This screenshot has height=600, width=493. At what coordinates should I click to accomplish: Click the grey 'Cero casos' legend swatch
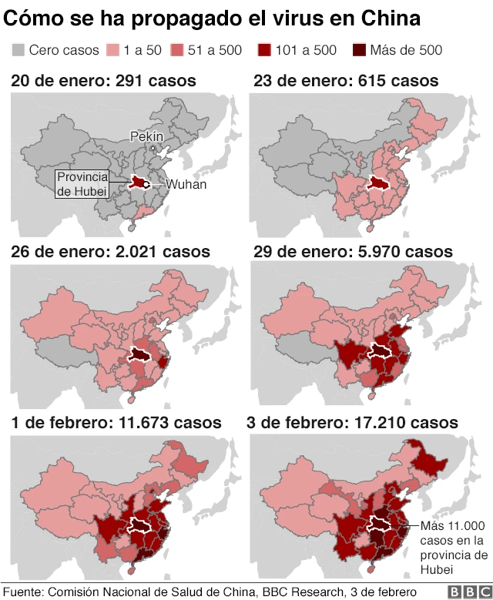[x=18, y=51]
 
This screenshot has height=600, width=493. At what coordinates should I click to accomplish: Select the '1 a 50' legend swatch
[x=112, y=51]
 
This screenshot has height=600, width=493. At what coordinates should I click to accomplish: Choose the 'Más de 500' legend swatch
[x=361, y=51]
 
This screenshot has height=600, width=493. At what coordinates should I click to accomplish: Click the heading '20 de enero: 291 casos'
[x=102, y=80]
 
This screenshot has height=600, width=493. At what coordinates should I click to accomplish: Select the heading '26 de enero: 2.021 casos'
[x=109, y=251]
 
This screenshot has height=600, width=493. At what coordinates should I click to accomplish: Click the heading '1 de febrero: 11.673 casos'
[x=116, y=422]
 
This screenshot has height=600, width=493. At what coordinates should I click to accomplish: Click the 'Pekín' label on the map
[x=146, y=136]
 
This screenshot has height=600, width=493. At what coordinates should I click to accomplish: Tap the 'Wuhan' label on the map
[x=186, y=185]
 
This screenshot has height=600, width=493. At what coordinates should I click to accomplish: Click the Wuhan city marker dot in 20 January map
[x=146, y=185]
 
